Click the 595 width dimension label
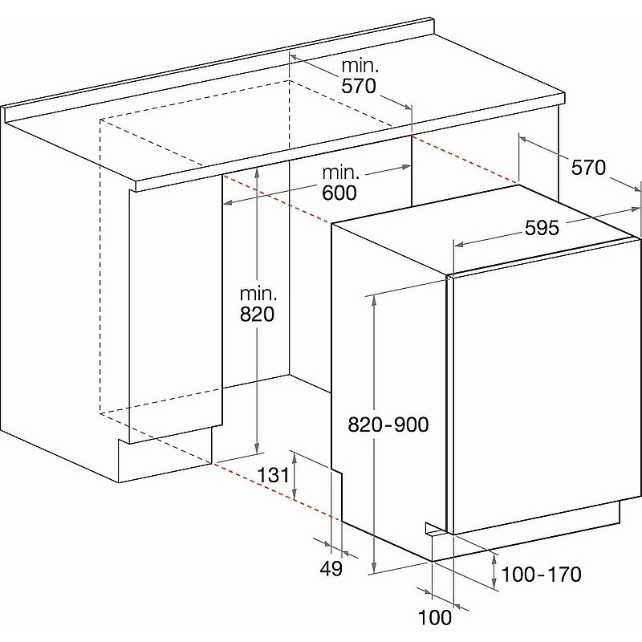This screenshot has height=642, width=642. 541,228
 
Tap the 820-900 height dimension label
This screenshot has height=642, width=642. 388,425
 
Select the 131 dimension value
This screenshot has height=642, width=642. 273,475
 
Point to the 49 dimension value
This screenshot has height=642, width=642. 331,568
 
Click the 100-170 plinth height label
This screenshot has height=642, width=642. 541,574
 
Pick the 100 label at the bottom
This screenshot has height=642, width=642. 435,617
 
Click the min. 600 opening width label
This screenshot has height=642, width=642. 339,183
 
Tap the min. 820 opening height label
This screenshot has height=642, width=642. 258,304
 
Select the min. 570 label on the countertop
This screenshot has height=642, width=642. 359,76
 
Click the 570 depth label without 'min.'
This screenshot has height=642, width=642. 588,168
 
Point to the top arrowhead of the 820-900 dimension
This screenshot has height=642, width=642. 374,299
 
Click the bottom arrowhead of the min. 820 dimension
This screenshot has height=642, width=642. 257,448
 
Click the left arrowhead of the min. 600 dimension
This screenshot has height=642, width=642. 228,202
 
